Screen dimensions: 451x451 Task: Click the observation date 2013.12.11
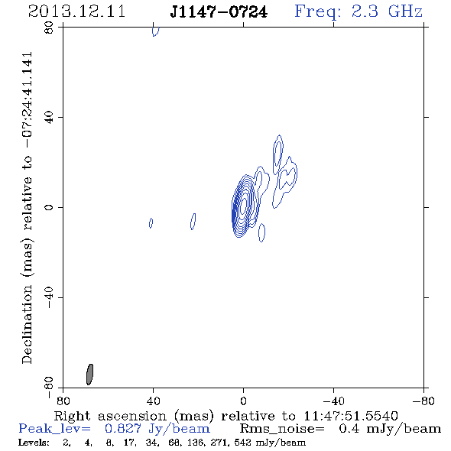pos(76,11)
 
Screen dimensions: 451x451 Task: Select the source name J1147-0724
pos(219,11)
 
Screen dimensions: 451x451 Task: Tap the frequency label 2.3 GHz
pos(387,11)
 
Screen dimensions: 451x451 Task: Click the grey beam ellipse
pos(89,375)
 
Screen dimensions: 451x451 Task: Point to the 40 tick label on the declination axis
pos(49,117)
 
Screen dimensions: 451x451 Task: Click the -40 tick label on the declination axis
pos(49,297)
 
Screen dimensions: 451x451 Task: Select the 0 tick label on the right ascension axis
pos(243,401)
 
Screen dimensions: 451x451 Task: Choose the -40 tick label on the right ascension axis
pos(333,401)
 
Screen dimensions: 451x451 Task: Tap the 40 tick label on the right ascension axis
pos(153,401)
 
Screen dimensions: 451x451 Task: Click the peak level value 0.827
pos(123,429)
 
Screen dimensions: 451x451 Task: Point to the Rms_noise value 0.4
pos(349,429)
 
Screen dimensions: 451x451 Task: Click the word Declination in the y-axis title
pos(27,325)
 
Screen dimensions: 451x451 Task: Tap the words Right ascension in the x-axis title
pos(110,416)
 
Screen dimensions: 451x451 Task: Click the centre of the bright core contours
pos(243,205)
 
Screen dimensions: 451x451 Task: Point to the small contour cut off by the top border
pos(156,31)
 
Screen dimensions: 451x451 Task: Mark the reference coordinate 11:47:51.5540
pos(351,416)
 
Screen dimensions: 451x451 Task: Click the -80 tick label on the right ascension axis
pos(423,401)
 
